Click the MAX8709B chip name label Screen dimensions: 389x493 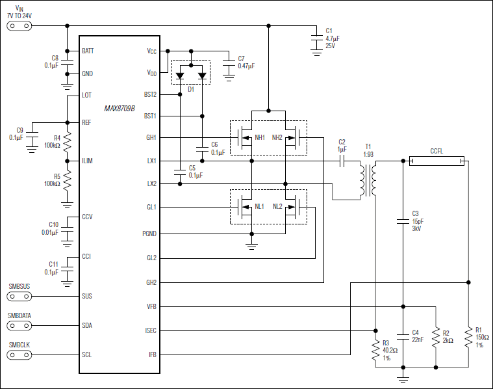pos(120,108)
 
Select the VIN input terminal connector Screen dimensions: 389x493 pos(18,26)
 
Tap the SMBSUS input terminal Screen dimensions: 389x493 pos(18,296)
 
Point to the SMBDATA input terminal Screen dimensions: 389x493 pos(18,325)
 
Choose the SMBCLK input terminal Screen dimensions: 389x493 pos(18,355)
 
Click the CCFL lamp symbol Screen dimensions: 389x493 pos(436,160)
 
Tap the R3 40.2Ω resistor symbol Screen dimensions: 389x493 pos(375,352)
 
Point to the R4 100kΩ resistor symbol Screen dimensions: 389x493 pos(68,142)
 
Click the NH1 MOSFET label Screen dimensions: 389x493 pos(259,138)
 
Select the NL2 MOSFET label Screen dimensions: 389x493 pos(277,207)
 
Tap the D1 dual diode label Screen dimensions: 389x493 pos(191,89)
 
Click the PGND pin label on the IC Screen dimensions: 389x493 pos(149,234)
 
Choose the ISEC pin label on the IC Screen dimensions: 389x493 pos(150,330)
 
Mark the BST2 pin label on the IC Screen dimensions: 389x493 pos(150,95)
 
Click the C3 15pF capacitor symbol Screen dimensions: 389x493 pos(403,222)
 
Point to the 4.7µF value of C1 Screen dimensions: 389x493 pos(332,39)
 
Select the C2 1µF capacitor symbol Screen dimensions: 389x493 pos(342,161)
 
